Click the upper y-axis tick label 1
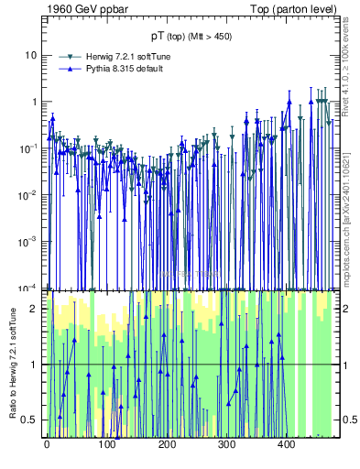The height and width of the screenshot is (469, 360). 36,102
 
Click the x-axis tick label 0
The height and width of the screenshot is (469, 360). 47,444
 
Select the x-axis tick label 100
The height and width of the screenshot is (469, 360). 106,444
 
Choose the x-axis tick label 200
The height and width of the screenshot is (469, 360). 167,444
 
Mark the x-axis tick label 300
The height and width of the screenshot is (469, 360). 226,444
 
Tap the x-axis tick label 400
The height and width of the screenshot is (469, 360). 287,444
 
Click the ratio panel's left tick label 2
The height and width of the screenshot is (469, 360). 36,309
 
